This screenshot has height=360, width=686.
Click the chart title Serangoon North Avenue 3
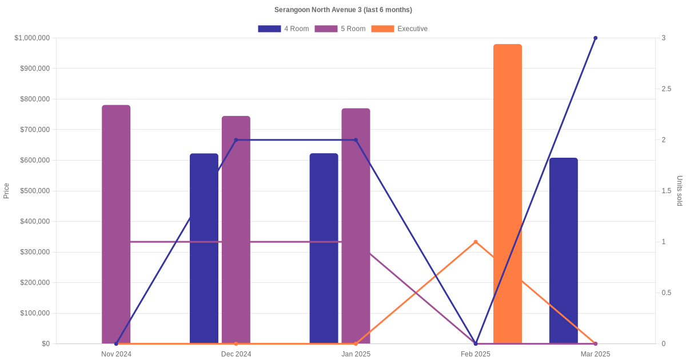[x=343, y=10]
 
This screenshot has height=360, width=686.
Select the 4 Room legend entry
[x=284, y=29]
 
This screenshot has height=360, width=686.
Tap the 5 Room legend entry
[x=340, y=29]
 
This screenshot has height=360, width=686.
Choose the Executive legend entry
[x=400, y=29]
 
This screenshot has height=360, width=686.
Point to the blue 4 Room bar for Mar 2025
[x=564, y=251]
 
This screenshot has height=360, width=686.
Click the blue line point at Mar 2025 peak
[x=595, y=38]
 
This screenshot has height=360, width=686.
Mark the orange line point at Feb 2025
[x=476, y=242]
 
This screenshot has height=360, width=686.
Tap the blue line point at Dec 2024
[x=236, y=140]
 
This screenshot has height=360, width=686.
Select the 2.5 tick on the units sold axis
[x=666, y=89]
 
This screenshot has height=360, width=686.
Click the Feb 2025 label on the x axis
[x=476, y=354]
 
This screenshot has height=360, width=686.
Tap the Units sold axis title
[x=679, y=191]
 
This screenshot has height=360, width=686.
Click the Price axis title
[x=6, y=191]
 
